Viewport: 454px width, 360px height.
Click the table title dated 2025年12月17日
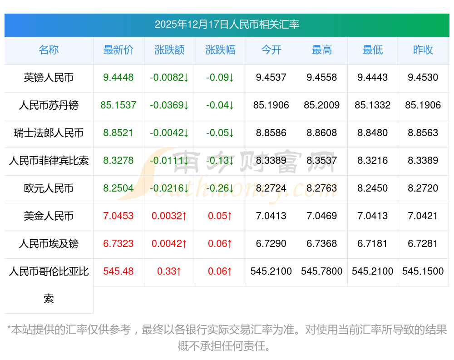(227, 25)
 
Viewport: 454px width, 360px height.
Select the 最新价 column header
(118, 50)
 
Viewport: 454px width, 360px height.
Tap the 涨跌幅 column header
(220, 50)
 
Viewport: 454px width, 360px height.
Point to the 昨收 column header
(423, 50)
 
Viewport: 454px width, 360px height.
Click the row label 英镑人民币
(49, 78)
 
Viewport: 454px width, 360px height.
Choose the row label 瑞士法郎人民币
(49, 133)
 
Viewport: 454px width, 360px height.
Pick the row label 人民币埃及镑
(49, 244)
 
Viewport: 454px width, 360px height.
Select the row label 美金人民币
(49, 216)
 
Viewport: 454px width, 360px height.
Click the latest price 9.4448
(118, 78)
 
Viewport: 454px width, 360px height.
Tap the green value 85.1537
(118, 105)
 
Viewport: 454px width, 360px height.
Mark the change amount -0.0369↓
(169, 105)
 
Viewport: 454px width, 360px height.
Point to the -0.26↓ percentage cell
(220, 188)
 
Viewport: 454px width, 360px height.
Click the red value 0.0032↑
(169, 216)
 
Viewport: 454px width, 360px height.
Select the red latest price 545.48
(118, 271)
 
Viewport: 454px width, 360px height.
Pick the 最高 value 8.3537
(322, 161)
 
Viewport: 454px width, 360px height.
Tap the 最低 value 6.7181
(373, 244)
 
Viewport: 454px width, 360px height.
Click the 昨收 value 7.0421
(423, 216)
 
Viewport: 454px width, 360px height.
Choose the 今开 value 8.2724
(271, 188)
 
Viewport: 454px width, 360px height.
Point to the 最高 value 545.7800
(322, 271)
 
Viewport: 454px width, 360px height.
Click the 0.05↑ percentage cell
(220, 216)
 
